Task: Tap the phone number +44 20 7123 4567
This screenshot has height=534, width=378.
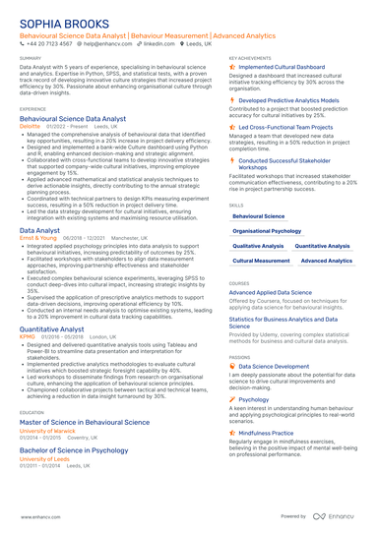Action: pos(47,44)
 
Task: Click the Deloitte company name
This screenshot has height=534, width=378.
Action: pos(30,126)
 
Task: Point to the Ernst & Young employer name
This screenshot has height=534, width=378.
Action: pos(37,238)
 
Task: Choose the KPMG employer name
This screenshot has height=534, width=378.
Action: pos(27,335)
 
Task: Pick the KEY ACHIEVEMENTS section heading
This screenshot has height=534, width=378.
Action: pos(249,58)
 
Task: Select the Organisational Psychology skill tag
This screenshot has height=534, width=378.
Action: pos(267,230)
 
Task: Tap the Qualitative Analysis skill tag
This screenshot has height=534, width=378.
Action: pos(258,246)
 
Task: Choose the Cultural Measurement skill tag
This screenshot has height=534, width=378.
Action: pos(262,261)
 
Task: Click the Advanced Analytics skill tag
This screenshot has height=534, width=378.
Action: pos(326,261)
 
